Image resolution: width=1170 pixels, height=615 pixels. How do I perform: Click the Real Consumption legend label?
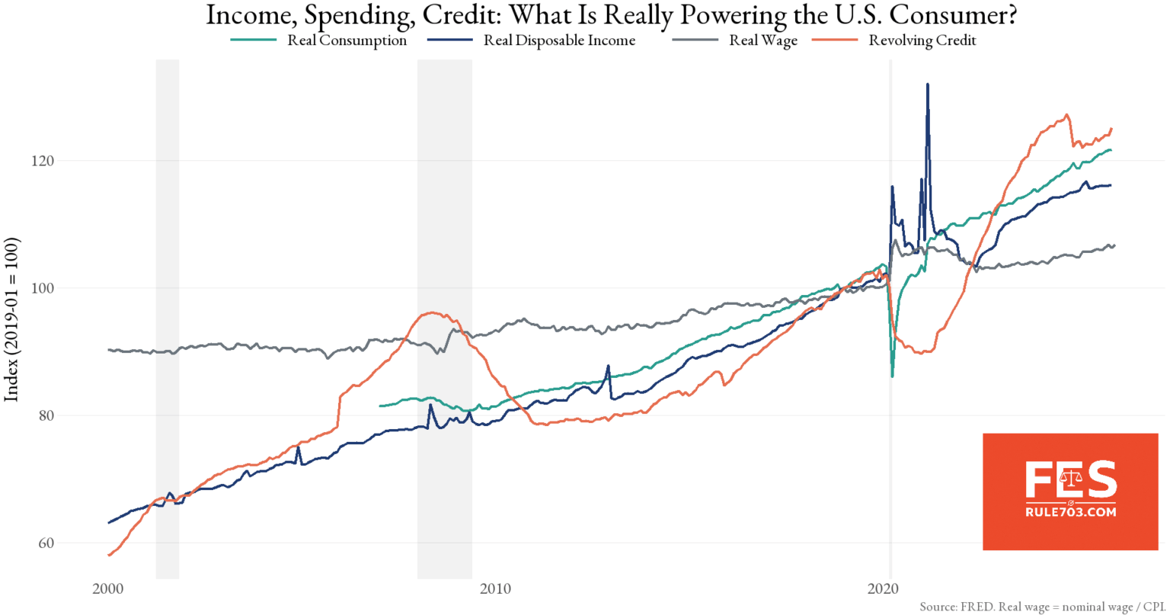(347, 41)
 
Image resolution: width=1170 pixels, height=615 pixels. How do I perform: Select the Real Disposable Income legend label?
(559, 41)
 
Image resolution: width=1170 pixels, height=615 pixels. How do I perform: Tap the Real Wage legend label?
(763, 41)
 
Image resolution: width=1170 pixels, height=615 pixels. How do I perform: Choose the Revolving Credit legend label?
(922, 41)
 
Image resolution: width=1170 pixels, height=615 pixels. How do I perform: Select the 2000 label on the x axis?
(108, 589)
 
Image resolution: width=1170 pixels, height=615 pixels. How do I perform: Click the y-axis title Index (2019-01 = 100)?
(12, 319)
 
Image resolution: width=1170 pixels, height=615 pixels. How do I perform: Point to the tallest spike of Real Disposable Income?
(927, 85)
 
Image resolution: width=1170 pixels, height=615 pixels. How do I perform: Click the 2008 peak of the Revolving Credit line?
(432, 312)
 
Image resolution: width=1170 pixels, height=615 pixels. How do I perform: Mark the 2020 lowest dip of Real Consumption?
(893, 376)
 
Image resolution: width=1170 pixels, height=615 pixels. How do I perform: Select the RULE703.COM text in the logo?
(1070, 513)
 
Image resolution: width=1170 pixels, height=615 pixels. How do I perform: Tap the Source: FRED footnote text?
(1042, 607)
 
